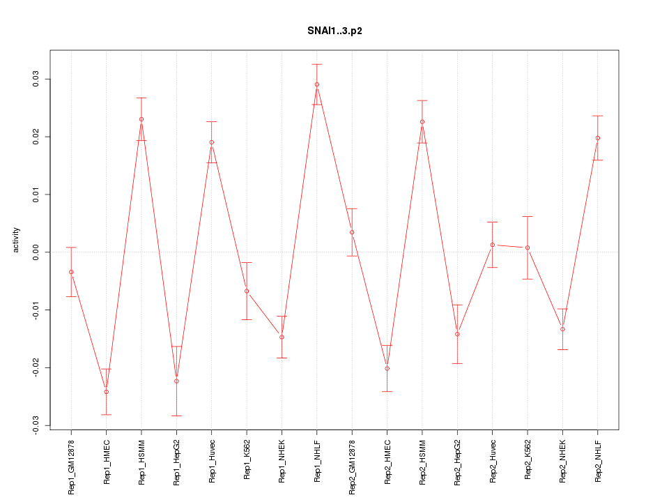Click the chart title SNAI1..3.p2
334,31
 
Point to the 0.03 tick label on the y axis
36,79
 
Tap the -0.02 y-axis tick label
36,367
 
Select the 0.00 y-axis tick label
36,252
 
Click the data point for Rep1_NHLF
317,84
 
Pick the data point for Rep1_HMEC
106,392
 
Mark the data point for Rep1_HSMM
141,119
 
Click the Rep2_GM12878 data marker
352,232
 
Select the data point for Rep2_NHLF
598,138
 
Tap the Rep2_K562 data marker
528,248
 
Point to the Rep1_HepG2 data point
176,381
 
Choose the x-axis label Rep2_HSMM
422,462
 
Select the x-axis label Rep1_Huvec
212,462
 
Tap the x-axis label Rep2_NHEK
563,462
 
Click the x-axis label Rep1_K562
247,462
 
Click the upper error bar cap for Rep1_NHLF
317,64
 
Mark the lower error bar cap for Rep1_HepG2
176,416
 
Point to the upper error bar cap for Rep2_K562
528,217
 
